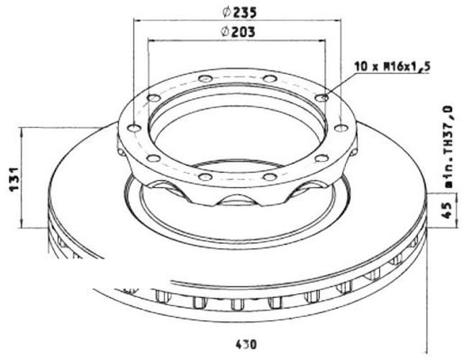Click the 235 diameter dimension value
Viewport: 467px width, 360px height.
pos(244,12)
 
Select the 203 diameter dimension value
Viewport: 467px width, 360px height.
pos(243,32)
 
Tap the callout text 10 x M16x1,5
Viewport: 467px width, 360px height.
pos(392,67)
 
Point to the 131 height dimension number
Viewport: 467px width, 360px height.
pos(14,179)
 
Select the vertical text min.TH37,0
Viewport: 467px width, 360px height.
pos(448,146)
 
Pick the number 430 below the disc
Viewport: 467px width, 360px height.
pos(246,345)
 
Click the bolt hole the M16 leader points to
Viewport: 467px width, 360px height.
pos(321,97)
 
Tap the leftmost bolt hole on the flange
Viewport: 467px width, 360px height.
pos(134,128)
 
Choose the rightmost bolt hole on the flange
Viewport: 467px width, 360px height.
pos(342,128)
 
